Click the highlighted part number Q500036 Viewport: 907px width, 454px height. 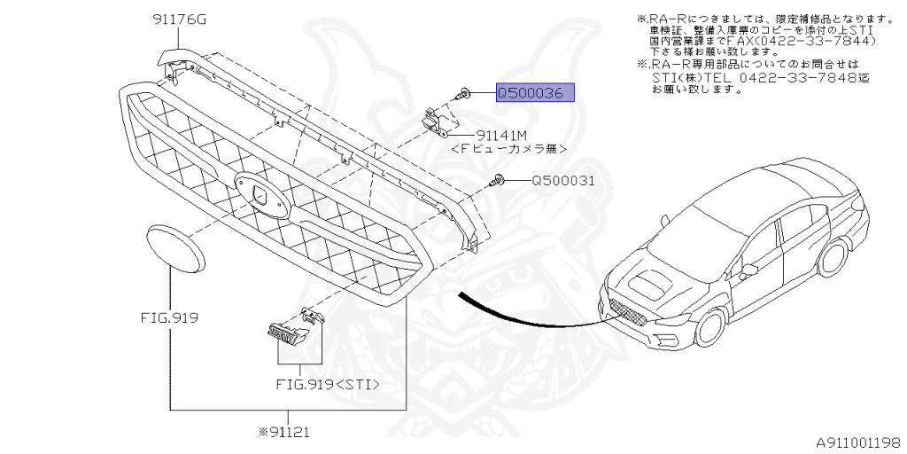[535, 93]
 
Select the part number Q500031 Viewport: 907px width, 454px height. [562, 181]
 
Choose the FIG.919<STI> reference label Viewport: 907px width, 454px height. [328, 384]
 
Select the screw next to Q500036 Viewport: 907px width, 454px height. [463, 93]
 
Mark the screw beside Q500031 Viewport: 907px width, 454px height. [499, 181]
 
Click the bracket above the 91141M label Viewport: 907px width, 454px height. [436, 121]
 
